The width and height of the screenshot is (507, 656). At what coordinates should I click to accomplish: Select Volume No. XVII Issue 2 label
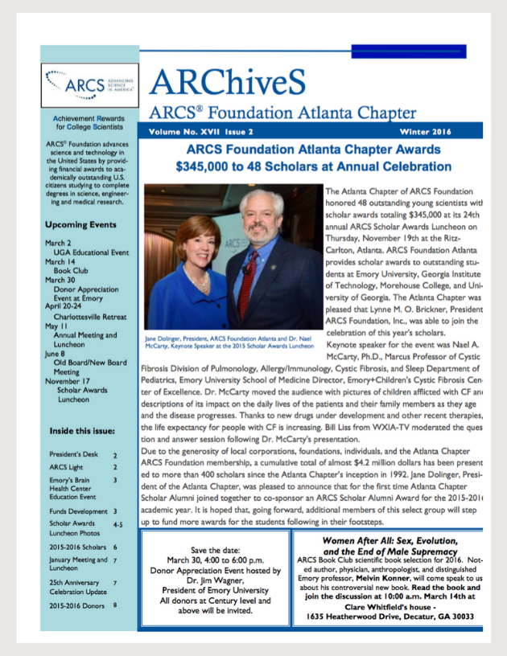pyautogui.click(x=201, y=130)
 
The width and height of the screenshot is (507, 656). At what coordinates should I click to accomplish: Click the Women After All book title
pyautogui.click(x=398, y=541)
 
